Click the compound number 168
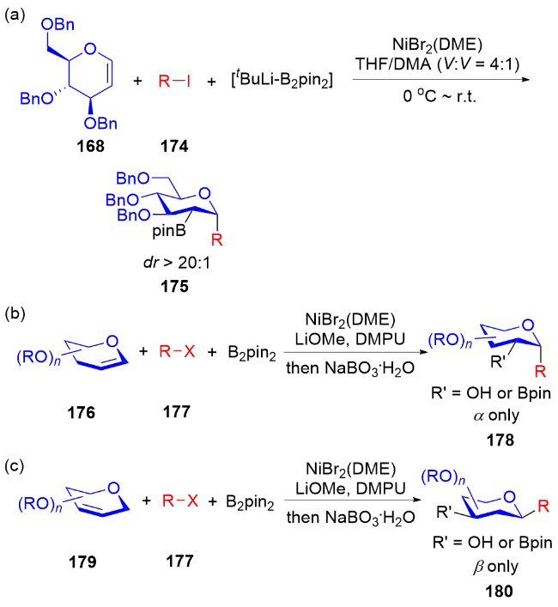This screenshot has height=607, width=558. pyautogui.click(x=90, y=145)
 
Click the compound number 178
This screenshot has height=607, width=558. pyautogui.click(x=497, y=440)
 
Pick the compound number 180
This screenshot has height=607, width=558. pyautogui.click(x=498, y=590)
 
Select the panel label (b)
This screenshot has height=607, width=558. pyautogui.click(x=14, y=313)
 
